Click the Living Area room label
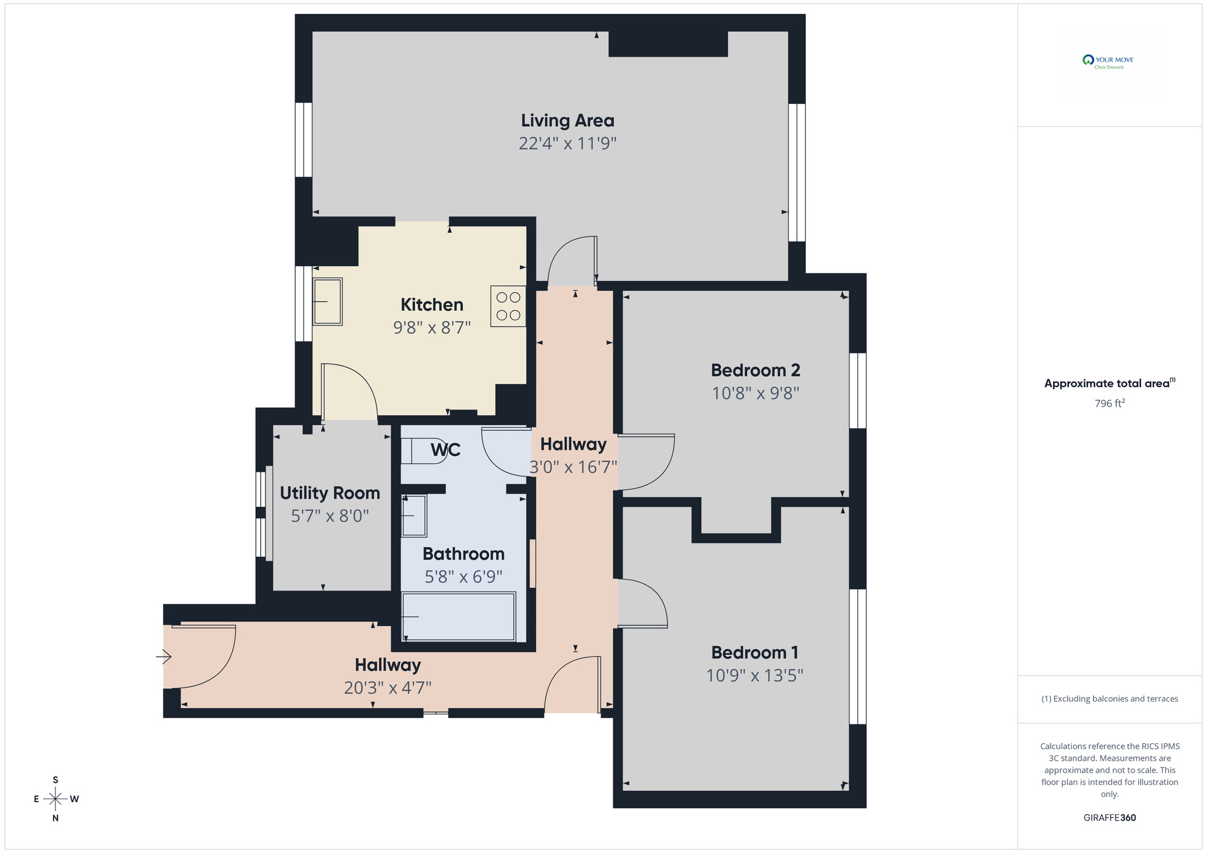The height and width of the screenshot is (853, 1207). coord(567,121)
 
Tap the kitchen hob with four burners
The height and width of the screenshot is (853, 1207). coord(508,306)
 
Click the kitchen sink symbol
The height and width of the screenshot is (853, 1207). coord(327,301)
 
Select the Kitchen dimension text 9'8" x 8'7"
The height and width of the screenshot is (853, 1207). coord(432,328)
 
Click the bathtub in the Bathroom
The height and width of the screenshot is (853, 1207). coord(459,616)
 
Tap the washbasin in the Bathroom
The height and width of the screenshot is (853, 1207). coord(414,516)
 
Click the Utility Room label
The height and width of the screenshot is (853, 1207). coord(330,493)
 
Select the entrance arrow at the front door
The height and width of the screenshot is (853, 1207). coord(164,656)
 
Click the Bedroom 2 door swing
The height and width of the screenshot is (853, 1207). coord(646,461)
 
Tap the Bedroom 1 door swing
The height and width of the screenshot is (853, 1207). coord(642,603)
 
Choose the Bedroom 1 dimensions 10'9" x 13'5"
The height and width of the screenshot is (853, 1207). coord(754,675)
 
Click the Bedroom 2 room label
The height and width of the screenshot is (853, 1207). coord(755,370)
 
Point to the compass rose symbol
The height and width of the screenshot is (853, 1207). coord(56,799)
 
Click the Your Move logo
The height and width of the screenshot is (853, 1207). coord(1109,62)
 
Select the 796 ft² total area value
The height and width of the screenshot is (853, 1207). coord(1109,403)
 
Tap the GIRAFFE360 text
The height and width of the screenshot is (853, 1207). coord(1109,817)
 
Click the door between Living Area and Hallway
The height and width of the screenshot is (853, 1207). coord(572,261)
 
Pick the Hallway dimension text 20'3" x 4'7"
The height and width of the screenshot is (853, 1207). coord(387,688)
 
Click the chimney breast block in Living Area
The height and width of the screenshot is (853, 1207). coord(667,44)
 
